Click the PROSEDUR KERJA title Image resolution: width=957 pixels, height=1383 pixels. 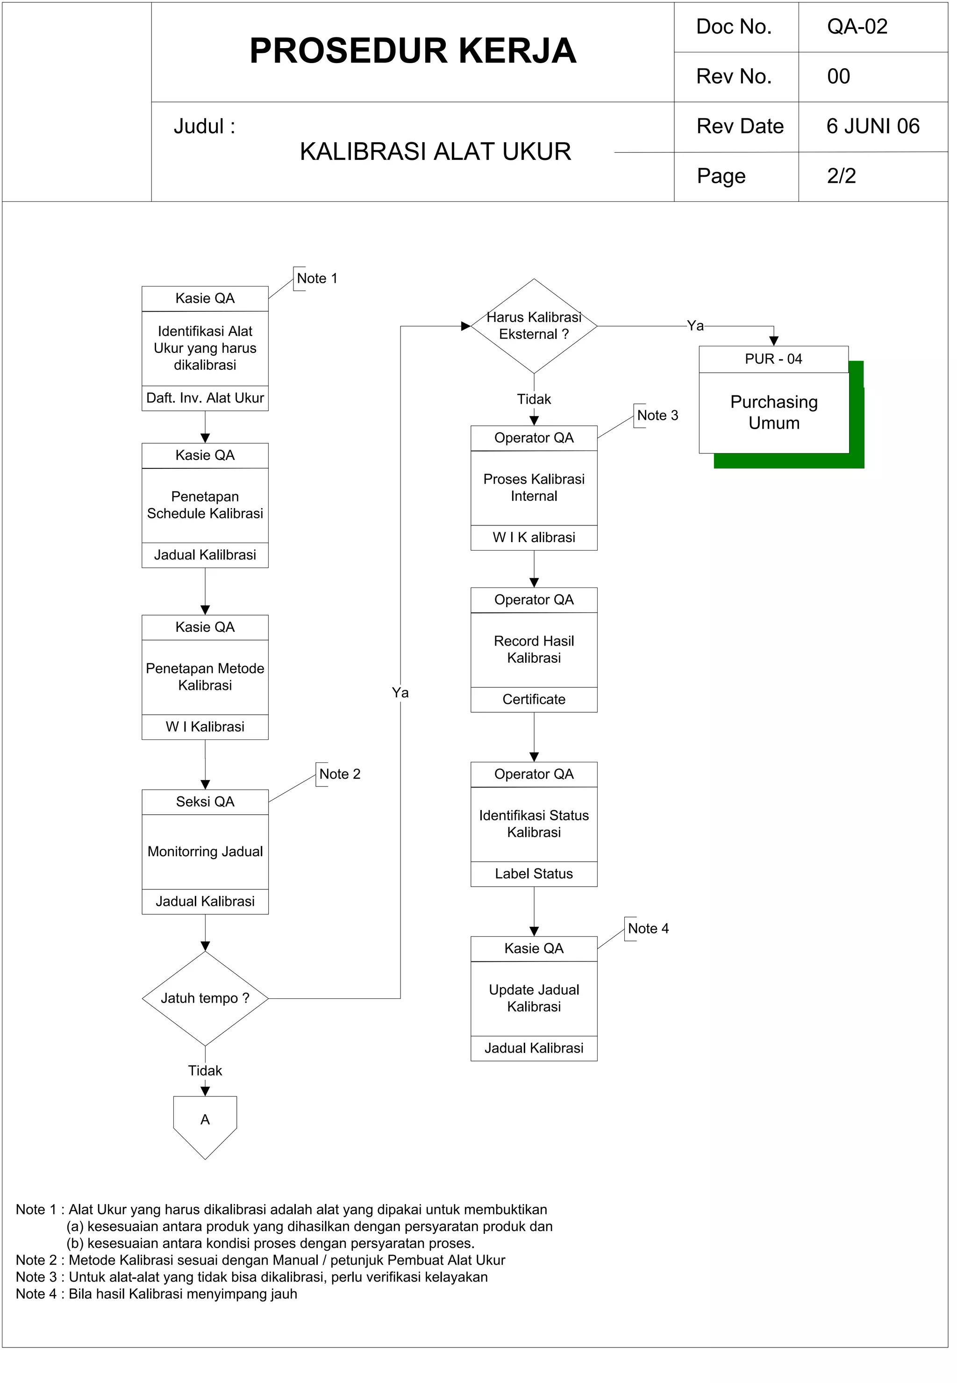[x=413, y=51]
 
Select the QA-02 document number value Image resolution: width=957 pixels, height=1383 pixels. [x=857, y=27]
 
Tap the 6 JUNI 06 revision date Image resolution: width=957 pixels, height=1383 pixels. [x=872, y=127]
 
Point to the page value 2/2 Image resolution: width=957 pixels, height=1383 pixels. [x=841, y=176]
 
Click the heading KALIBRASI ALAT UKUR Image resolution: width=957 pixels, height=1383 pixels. [x=436, y=152]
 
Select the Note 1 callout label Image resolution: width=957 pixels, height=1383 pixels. [x=317, y=279]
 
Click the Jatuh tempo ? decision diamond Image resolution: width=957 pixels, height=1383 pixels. [x=205, y=998]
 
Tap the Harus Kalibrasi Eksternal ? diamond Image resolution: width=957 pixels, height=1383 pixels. [x=534, y=326]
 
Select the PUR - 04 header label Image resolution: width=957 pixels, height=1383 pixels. [x=773, y=359]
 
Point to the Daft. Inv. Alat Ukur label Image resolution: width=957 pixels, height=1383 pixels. [x=205, y=398]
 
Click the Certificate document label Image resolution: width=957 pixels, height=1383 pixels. [x=534, y=700]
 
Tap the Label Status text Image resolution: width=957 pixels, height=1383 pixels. [x=534, y=874]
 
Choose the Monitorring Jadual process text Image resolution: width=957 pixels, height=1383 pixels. [x=205, y=852]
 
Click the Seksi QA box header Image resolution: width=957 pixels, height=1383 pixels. [x=205, y=803]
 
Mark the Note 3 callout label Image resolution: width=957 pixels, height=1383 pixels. [x=657, y=416]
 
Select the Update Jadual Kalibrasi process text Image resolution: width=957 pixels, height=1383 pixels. [x=534, y=998]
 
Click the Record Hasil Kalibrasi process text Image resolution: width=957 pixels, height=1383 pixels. [x=534, y=650]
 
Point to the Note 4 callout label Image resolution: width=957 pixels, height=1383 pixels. [x=648, y=929]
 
